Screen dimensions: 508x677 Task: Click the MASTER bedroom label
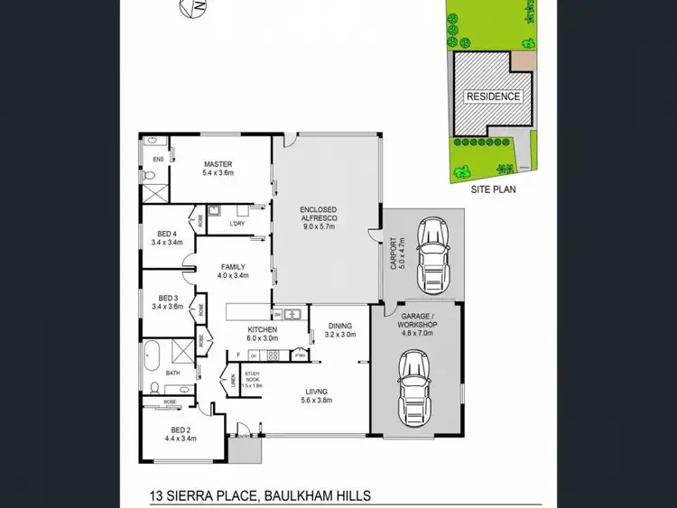[218, 164]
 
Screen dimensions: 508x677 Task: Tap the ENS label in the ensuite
[157, 160]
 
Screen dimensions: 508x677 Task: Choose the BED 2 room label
[181, 429]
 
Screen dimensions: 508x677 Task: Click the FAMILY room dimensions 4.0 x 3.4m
[235, 276]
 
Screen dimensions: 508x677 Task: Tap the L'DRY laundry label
[237, 223]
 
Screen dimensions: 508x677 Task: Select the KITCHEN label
[263, 330]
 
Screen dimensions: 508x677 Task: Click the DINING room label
[340, 327]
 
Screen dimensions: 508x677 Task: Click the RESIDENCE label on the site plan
[493, 96]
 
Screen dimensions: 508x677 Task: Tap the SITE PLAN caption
[493, 190]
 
